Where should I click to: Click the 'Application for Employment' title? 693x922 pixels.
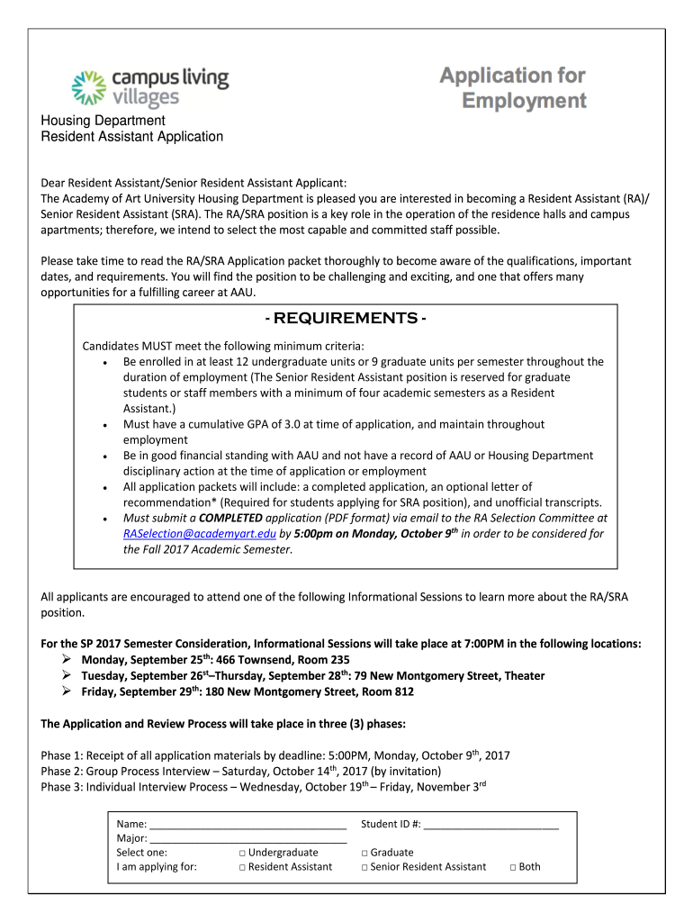pyautogui.click(x=512, y=87)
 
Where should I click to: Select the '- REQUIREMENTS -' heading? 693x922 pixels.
pyautogui.click(x=345, y=319)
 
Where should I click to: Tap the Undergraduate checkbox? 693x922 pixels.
pyautogui.click(x=243, y=852)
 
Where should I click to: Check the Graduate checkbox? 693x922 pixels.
pyautogui.click(x=364, y=852)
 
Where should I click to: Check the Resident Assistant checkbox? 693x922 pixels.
pyautogui.click(x=243, y=867)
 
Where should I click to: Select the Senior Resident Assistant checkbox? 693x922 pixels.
pyautogui.click(x=364, y=867)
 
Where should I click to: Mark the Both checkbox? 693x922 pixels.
pyautogui.click(x=512, y=867)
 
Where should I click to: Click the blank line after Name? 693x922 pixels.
pyautogui.click(x=247, y=825)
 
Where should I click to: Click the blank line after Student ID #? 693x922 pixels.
pyautogui.click(x=490, y=825)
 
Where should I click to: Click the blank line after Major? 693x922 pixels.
pyautogui.click(x=247, y=839)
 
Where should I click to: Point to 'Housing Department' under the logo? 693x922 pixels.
pyautogui.click(x=103, y=121)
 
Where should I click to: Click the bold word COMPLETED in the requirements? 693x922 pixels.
pyautogui.click(x=230, y=519)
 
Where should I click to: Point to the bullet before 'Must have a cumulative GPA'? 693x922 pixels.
pyautogui.click(x=107, y=424)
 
